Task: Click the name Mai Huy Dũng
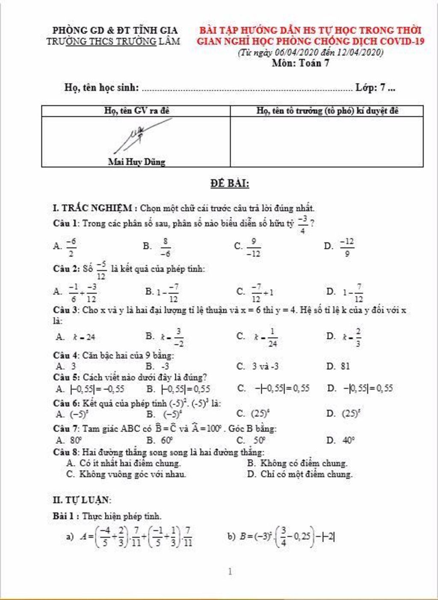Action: point(136,162)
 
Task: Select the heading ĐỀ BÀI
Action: point(230,184)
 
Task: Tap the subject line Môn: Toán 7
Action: point(300,63)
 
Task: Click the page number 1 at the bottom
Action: point(231,571)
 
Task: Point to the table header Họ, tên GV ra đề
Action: point(136,111)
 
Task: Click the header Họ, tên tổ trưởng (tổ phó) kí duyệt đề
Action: point(327,111)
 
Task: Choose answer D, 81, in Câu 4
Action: point(338,366)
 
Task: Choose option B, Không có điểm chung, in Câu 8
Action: point(297,463)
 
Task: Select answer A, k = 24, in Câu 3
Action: point(76,337)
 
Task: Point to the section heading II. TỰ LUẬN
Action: point(82,500)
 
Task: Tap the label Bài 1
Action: point(65,516)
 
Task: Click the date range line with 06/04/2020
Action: point(310,53)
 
